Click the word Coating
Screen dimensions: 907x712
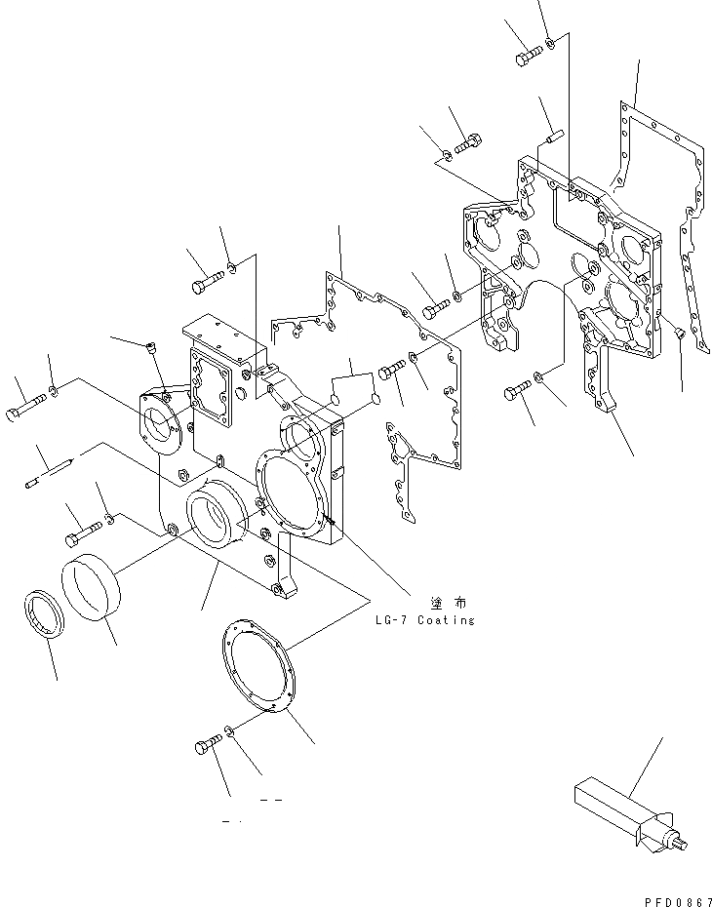tap(445, 620)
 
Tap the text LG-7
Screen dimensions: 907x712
tap(391, 620)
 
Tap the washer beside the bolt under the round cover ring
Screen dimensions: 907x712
tap(228, 730)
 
